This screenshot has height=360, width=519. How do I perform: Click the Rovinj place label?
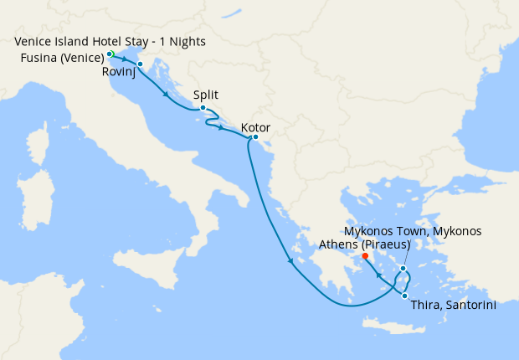118,73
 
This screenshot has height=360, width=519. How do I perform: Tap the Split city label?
206,95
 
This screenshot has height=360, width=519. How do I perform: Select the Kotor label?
255,128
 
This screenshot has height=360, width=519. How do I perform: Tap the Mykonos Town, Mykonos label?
413,230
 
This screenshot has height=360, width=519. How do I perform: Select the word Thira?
425,306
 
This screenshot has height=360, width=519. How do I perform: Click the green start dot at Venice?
110,54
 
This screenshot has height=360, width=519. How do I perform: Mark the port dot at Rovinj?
140,64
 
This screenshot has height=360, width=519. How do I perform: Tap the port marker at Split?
203,107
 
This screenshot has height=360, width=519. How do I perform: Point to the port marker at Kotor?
254,137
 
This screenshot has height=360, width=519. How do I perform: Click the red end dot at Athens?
365,256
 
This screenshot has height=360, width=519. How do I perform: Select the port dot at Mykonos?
403,269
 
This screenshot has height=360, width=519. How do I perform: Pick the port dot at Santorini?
404,295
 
